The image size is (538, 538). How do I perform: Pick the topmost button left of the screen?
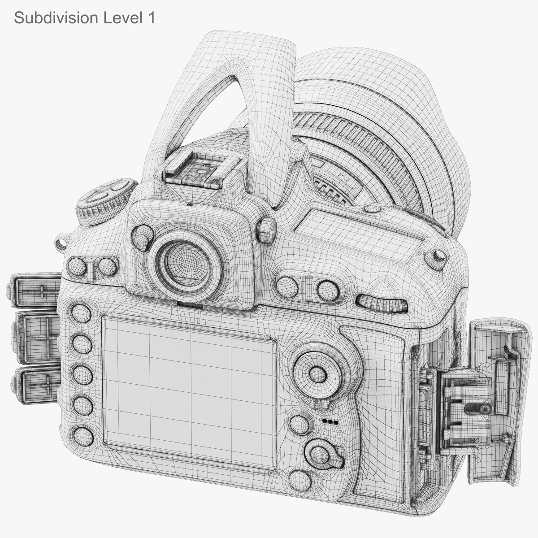tap(81, 312)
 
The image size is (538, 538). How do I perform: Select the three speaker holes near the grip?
tap(330, 422)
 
